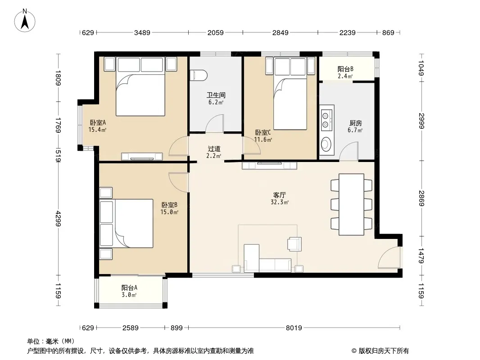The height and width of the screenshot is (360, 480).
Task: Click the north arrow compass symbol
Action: coord(25,21)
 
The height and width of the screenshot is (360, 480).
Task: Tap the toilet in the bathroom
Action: coord(199,76)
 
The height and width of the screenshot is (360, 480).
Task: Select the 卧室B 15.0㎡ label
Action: coord(169,208)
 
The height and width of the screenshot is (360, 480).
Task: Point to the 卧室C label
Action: coord(263,133)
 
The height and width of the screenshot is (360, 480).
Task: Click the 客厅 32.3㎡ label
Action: coord(280,198)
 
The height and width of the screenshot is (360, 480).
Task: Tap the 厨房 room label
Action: coord(355,123)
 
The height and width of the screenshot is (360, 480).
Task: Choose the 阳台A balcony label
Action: coord(129,288)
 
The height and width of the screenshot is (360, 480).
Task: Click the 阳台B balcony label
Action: coord(346,69)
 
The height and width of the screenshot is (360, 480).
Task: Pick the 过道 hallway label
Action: coord(214,149)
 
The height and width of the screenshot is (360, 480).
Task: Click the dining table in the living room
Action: coord(351,205)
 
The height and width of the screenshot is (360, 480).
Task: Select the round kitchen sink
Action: coord(326,144)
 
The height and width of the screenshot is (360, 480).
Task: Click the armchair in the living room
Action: coord(294,244)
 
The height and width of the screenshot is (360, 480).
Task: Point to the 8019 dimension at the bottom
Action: coord(294,328)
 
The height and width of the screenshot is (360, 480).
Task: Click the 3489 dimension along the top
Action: coord(142,32)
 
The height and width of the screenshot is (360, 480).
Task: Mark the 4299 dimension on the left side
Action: coord(58,218)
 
